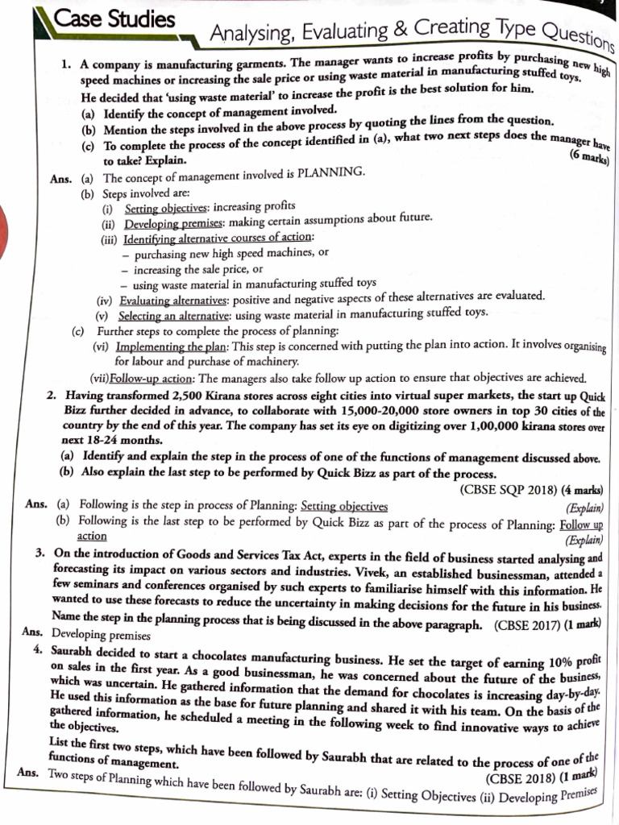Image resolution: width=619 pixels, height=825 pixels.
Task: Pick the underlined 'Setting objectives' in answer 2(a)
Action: click(x=344, y=506)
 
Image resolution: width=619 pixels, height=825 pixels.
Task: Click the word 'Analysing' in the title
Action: click(x=250, y=34)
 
